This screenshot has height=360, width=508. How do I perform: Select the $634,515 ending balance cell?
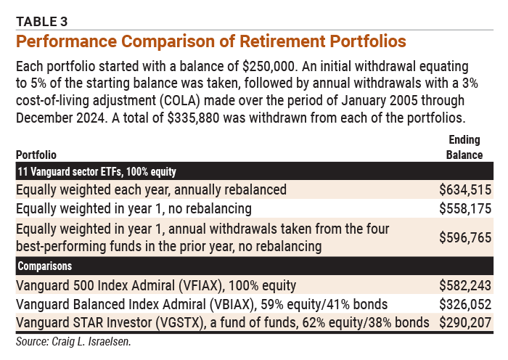point(465,189)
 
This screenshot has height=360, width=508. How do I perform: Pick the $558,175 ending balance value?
point(465,209)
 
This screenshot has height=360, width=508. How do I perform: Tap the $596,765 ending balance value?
point(465,237)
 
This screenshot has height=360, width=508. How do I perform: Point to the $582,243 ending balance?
point(465,285)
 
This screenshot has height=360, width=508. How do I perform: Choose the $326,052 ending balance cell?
point(465,303)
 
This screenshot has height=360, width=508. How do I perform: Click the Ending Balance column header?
point(464,148)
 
